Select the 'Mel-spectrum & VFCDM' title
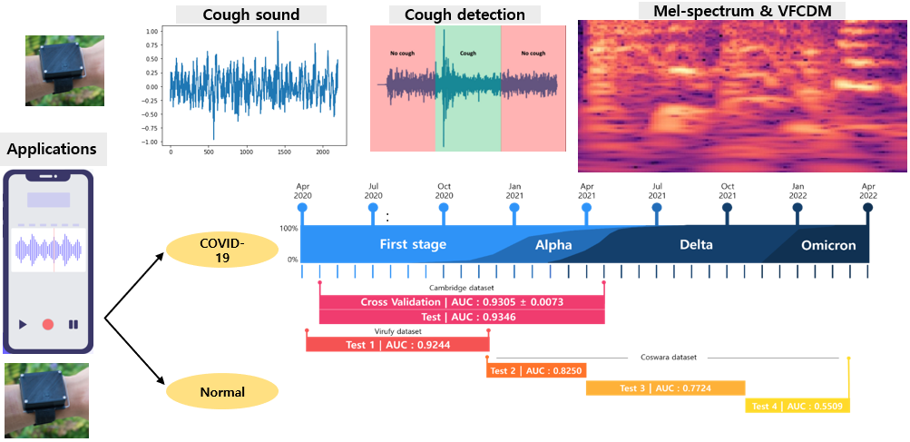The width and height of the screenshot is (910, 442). [x=741, y=11]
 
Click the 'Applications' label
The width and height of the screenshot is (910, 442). [x=52, y=148]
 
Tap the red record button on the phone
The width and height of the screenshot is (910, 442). [x=48, y=324]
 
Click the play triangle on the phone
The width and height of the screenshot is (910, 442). [x=23, y=324]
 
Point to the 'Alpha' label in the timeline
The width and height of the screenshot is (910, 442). [x=553, y=245]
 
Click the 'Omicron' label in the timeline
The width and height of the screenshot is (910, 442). [x=828, y=245]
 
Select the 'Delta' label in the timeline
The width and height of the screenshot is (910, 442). [x=696, y=245]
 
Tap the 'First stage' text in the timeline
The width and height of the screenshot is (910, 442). [x=413, y=245]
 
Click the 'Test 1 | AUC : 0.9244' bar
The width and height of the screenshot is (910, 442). [x=397, y=345]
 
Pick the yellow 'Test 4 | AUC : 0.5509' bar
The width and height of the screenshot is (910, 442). [x=797, y=406]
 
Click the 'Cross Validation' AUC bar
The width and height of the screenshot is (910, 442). [x=462, y=302]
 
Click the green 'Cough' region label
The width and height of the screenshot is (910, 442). [x=468, y=54]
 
